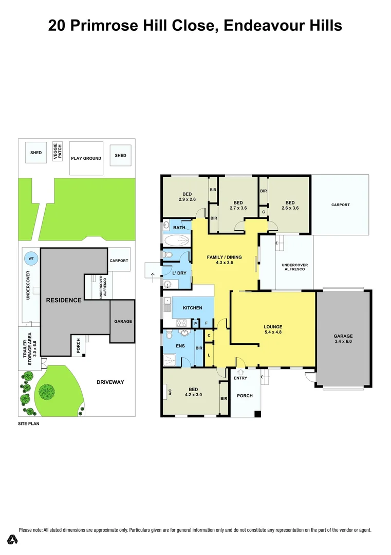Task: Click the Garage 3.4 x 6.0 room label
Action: [x=343, y=339]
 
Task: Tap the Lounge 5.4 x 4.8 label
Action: [x=273, y=329]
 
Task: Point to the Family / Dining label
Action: [x=224, y=260]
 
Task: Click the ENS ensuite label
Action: [x=180, y=346]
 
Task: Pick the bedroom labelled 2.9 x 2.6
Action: [x=187, y=196]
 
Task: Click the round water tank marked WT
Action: [x=31, y=258]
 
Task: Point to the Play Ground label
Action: [x=86, y=158]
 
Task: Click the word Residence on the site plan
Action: [x=63, y=300]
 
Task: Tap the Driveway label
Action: [x=110, y=382]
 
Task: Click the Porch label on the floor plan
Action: [x=244, y=396]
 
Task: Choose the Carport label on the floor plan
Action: [x=340, y=205]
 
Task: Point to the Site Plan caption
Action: [x=29, y=424]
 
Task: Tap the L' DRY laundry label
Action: [x=179, y=273]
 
